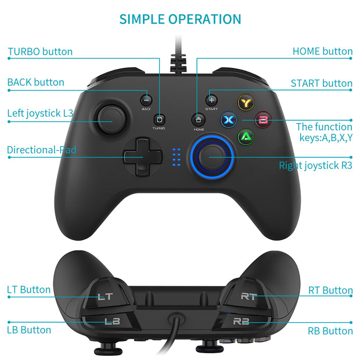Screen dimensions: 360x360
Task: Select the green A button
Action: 245,137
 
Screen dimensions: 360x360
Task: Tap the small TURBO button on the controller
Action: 159,117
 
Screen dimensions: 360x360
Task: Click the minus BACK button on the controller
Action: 146,100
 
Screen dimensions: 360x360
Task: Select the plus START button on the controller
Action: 211,100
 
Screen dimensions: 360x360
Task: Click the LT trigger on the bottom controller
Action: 105,297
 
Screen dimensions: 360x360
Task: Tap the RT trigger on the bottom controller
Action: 248,297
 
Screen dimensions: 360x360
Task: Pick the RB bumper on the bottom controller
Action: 241,321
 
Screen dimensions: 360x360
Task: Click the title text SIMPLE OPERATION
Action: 180,19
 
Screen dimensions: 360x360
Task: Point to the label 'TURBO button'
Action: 40,52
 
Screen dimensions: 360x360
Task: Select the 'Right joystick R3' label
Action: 315,165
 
